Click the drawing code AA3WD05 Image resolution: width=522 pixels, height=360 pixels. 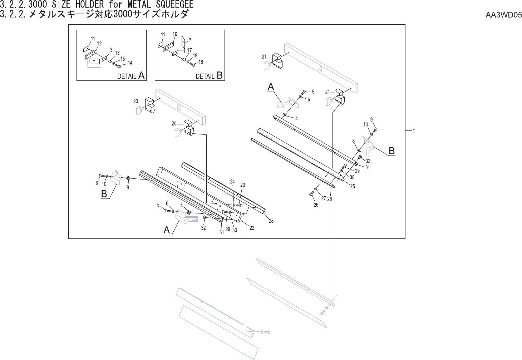click(503, 15)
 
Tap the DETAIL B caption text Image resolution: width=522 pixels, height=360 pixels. click(209, 75)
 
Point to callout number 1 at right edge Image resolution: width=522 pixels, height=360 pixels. click(414, 131)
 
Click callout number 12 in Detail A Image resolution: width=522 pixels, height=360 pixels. click(99, 44)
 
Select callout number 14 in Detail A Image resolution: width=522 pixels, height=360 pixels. click(130, 63)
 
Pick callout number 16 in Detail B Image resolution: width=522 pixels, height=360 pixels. click(175, 34)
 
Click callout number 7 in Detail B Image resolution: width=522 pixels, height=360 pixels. click(190, 40)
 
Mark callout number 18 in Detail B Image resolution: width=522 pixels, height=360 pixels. click(201, 62)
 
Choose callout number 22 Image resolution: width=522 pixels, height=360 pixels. click(252, 228)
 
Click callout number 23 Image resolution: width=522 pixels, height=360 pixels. click(242, 185)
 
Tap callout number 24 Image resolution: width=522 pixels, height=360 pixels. click(232, 182)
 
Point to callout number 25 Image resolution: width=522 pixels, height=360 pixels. click(353, 186)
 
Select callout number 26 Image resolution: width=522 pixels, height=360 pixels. click(316, 205)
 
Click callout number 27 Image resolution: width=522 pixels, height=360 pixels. click(323, 198)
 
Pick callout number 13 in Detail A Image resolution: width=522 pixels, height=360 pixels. click(117, 53)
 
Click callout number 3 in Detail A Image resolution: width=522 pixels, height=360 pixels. click(111, 50)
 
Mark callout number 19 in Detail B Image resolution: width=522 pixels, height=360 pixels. click(195, 56)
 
